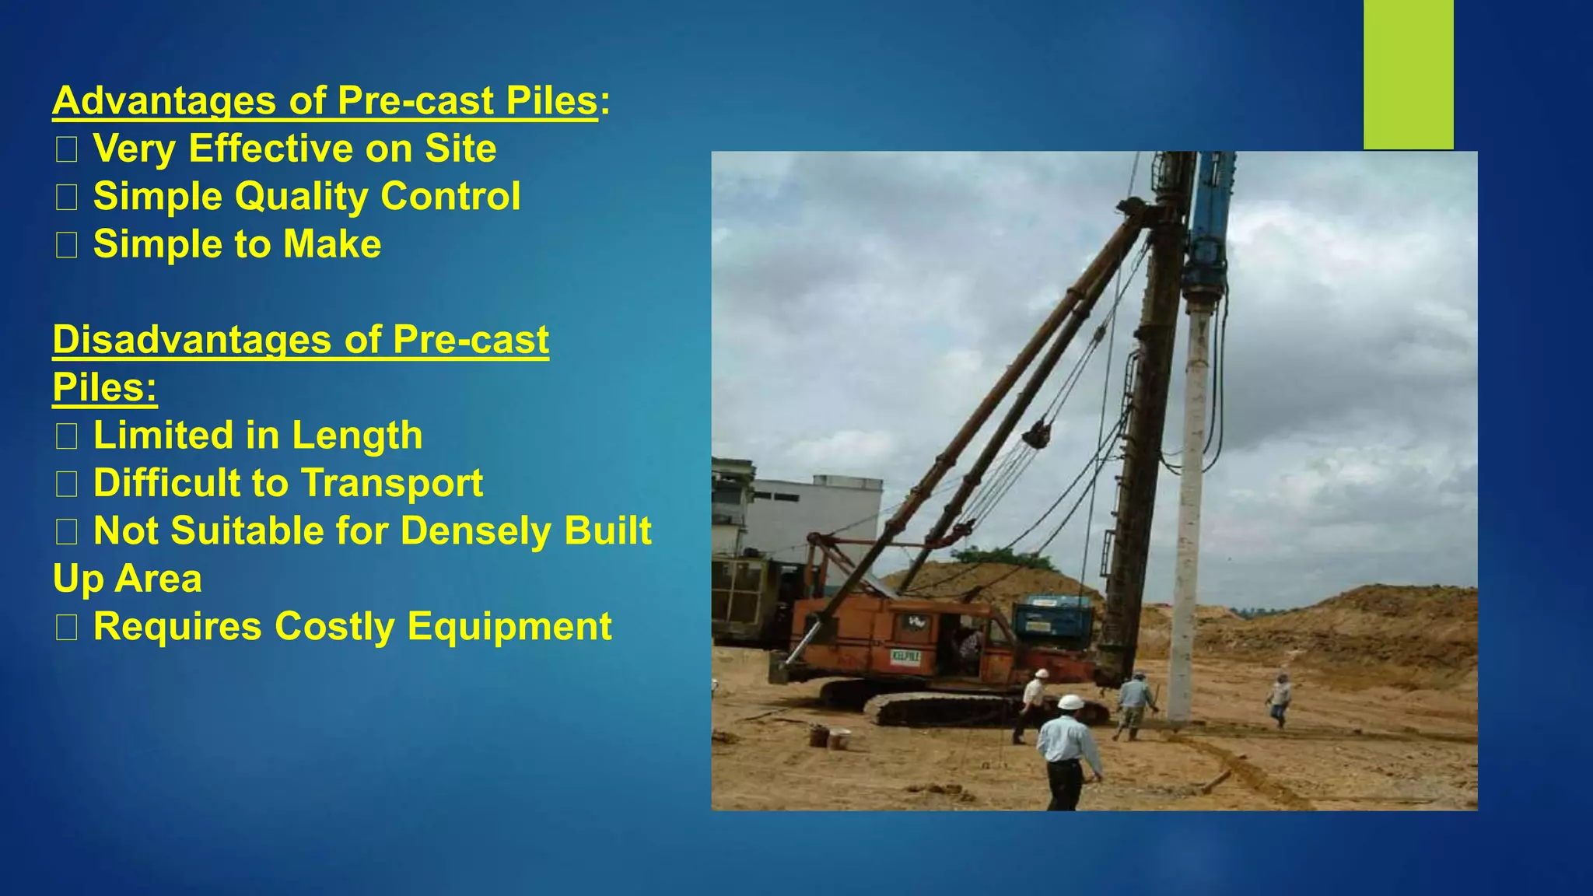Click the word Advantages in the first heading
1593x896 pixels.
tap(164, 101)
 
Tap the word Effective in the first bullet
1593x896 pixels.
tap(271, 149)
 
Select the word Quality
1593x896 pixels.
tap(301, 196)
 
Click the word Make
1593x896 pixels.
tap(332, 244)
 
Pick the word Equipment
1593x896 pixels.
tap(509, 627)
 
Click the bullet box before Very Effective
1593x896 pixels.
tap(66, 149)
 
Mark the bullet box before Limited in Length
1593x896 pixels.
tap(66, 436)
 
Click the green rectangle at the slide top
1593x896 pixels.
tap(1408, 74)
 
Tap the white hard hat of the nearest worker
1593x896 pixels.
tap(1070, 702)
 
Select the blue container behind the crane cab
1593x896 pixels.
tap(1052, 619)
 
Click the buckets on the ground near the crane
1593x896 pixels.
tap(828, 736)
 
